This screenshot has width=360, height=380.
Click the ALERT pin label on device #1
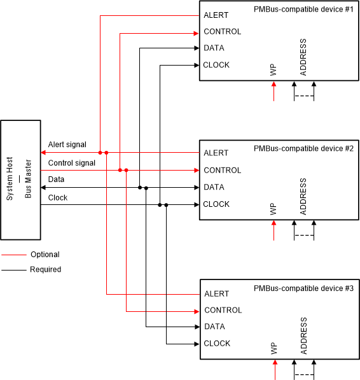(216, 15)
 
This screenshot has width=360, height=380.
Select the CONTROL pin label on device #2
(222, 170)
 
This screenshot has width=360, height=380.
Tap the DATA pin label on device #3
(214, 327)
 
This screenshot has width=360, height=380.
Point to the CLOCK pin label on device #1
(216, 65)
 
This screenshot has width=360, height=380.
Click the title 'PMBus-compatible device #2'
(303, 148)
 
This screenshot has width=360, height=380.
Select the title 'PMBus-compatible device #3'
(303, 288)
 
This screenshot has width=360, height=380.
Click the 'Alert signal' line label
(67, 145)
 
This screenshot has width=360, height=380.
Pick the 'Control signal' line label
(72, 163)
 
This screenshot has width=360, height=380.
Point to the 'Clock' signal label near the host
(58, 198)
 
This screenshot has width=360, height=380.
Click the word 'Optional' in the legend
(45, 255)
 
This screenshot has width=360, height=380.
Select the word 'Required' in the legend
(45, 269)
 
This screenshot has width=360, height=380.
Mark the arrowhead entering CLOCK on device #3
(197, 344)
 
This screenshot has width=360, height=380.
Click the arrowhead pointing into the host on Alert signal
(43, 153)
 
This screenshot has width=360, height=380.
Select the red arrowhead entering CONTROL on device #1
(197, 32)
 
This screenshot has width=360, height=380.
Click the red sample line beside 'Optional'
(13, 255)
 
